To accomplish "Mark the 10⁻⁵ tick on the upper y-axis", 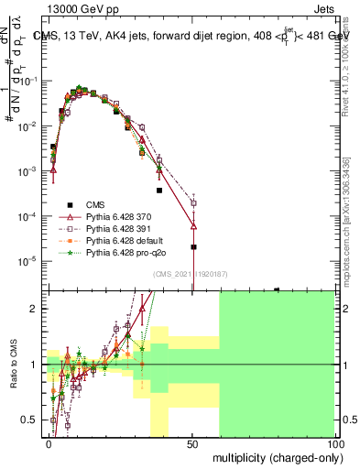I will pyautogui.click(x=33, y=261).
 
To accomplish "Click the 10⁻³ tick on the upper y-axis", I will pyautogui.click(x=33, y=171).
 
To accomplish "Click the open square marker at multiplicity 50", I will pyautogui.click(x=193, y=203).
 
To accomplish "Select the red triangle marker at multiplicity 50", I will pyautogui.click(x=193, y=225).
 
